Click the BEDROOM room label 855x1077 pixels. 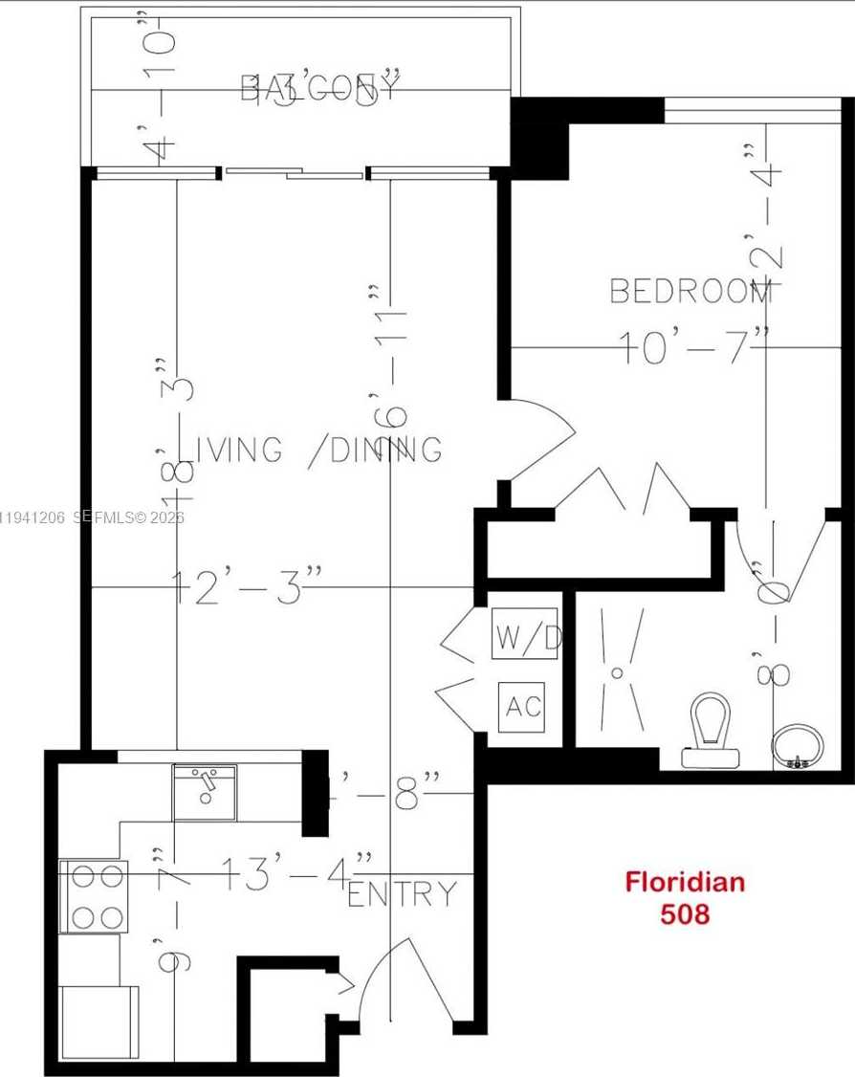pyautogui.click(x=691, y=290)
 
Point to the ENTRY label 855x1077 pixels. pyautogui.click(x=402, y=894)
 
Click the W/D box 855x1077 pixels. pyautogui.click(x=525, y=638)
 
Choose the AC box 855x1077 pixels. pyautogui.click(x=523, y=707)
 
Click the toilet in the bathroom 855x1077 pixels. pyautogui.click(x=712, y=732)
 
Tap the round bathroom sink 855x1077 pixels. pyautogui.click(x=797, y=744)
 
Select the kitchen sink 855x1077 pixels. pyautogui.click(x=204, y=791)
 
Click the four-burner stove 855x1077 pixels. pyautogui.click(x=94, y=896)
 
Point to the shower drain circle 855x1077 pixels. pyautogui.click(x=617, y=673)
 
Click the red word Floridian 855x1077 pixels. pyautogui.click(x=685, y=881)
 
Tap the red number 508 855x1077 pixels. pyautogui.click(x=685, y=913)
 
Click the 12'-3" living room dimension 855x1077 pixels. pyautogui.click(x=247, y=585)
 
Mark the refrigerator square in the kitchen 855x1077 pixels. pyautogui.click(x=99, y=1022)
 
